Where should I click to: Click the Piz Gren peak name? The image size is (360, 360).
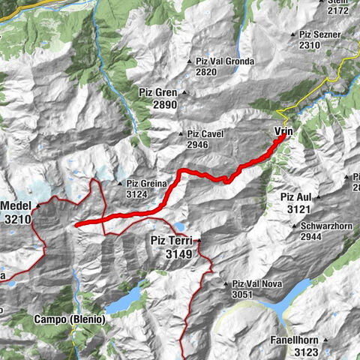click(x=159, y=92)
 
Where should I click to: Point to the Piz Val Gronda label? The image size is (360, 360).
click(x=224, y=61)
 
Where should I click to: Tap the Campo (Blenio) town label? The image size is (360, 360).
click(x=69, y=319)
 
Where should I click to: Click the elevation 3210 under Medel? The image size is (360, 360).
click(x=18, y=219)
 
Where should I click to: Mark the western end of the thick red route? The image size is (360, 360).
click(x=78, y=223)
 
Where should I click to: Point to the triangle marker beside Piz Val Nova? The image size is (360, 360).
click(x=226, y=284)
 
